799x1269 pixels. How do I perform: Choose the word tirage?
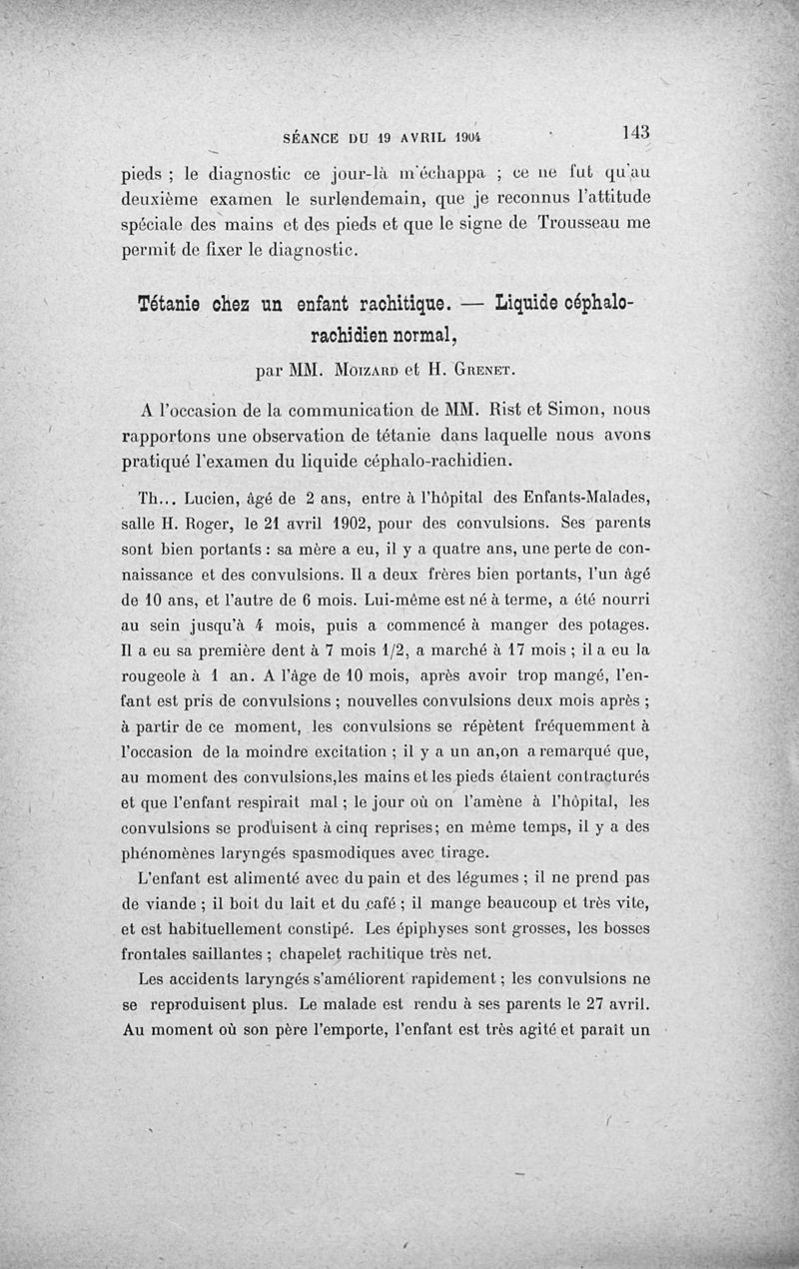click(x=456, y=851)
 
